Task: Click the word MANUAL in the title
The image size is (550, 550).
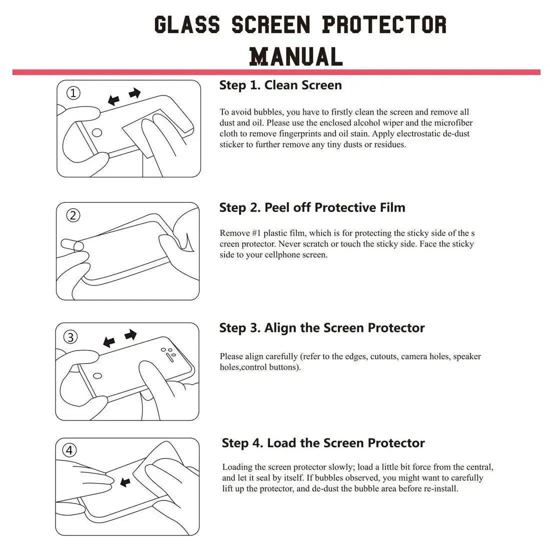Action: coord(295,56)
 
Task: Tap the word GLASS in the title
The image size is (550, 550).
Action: coord(186,24)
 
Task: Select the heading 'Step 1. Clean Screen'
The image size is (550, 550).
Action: coord(280,85)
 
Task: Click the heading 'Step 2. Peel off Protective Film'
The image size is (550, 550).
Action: coord(312,207)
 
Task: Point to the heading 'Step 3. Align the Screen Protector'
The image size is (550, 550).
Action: coord(322,328)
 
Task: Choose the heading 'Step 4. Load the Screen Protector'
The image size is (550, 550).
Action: coord(323,443)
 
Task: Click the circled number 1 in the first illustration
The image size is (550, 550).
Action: coord(73,93)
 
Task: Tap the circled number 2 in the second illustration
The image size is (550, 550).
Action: coord(73,215)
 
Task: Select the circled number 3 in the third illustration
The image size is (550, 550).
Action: coord(71,337)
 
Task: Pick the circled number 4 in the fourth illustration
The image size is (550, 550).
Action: coord(69,450)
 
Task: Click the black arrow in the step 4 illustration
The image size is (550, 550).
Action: coord(125,482)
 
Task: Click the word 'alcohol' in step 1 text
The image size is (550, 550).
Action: coord(367,123)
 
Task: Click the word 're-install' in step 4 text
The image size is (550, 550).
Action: coord(440,489)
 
